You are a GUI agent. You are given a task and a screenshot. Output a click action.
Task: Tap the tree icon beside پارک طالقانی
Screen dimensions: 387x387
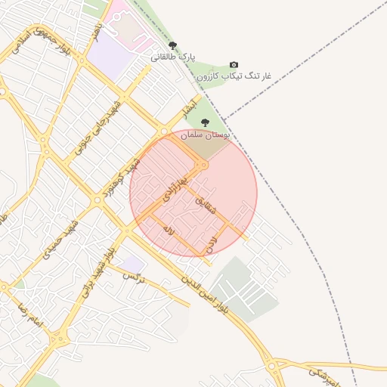(173, 46)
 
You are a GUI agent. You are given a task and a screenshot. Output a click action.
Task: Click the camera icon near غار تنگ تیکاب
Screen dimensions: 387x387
(234, 65)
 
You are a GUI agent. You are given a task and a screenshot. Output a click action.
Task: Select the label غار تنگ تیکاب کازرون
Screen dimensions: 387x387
(234, 76)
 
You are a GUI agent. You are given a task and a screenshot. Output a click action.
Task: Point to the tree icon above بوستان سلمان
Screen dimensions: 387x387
(205, 122)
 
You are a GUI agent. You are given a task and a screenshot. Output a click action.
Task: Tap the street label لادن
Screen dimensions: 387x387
(211, 243)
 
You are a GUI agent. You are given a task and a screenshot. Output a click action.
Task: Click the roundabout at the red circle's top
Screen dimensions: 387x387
(202, 164)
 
